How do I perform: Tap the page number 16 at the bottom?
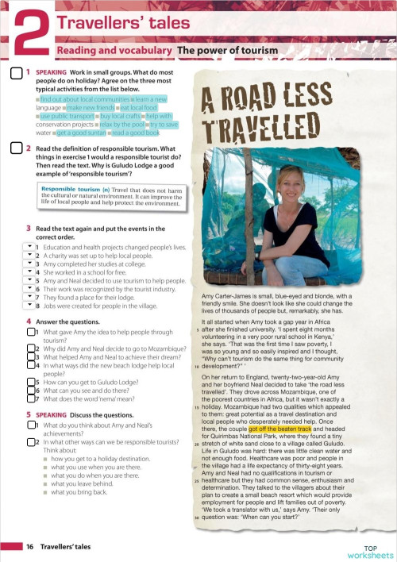(x=29, y=547)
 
